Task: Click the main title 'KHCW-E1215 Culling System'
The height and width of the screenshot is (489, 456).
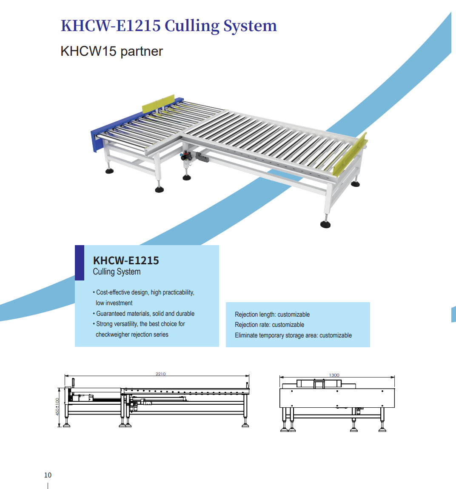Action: tap(169, 26)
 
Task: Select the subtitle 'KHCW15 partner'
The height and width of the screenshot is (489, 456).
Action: tap(111, 51)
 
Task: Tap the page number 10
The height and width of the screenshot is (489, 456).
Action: tap(48, 475)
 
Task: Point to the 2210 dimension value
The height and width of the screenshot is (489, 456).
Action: tap(160, 374)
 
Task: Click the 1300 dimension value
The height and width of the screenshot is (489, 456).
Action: tap(334, 375)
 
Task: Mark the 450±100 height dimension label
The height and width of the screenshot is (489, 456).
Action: tap(57, 406)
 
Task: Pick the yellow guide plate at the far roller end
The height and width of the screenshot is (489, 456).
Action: tap(158, 104)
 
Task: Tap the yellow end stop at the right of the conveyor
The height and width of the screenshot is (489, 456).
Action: tap(350, 156)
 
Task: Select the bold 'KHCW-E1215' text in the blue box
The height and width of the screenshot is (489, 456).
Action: tap(126, 260)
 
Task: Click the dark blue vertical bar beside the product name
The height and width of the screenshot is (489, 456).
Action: tap(80, 263)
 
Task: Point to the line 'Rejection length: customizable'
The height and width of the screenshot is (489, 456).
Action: tap(272, 315)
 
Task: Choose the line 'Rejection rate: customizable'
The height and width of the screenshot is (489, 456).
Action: tap(269, 325)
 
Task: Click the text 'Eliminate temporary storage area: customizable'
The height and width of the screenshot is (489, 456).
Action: tap(293, 335)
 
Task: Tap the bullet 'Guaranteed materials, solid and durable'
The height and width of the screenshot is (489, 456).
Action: tap(145, 314)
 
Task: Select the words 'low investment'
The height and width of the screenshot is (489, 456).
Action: tap(114, 303)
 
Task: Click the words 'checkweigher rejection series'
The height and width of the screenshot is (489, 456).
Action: tap(132, 335)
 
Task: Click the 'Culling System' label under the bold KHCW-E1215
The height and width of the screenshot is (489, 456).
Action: tap(117, 272)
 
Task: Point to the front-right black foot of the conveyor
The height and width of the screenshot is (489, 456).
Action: tap(325, 224)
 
